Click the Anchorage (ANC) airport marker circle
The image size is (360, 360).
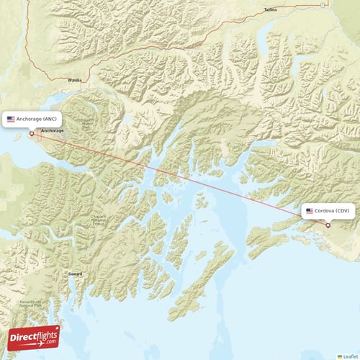(x=31, y=133)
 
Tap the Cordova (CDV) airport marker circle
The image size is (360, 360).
(x=328, y=225)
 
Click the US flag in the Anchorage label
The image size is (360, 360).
(x=11, y=119)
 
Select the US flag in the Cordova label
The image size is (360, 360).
(x=310, y=211)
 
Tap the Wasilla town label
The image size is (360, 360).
(x=75, y=81)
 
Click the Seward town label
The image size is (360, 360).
(x=75, y=274)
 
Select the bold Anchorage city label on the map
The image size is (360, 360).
(x=52, y=130)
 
